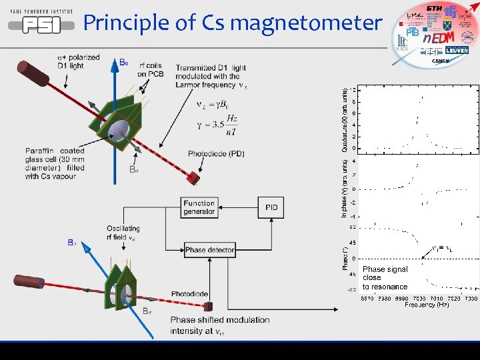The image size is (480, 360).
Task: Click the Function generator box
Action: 199,207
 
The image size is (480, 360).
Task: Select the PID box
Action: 271,207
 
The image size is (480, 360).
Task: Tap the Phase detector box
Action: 209,250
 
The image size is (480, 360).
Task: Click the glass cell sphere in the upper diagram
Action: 119,126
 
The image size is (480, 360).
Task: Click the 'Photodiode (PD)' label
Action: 216,154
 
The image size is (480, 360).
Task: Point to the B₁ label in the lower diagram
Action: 71,243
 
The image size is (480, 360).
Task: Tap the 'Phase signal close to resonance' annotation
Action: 385,278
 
